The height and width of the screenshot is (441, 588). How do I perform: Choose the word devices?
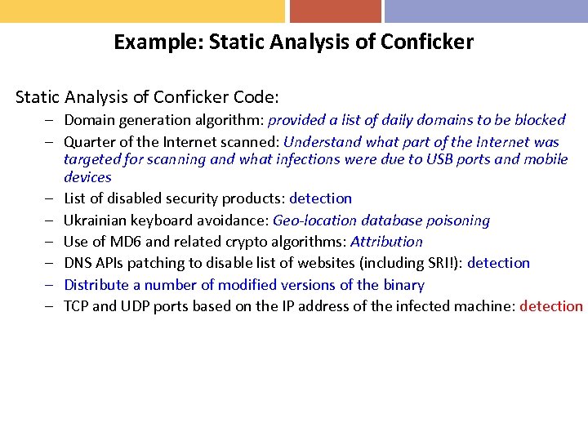tap(87, 177)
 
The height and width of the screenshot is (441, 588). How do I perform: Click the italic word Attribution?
tap(386, 242)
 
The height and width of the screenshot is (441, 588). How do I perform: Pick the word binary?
tap(403, 285)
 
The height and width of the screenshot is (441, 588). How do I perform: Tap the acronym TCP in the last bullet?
tap(78, 307)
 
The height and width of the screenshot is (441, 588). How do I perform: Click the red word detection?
tap(551, 307)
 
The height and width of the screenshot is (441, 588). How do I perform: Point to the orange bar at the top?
tap(142, 11)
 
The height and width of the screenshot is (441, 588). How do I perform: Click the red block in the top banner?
tap(335, 11)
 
